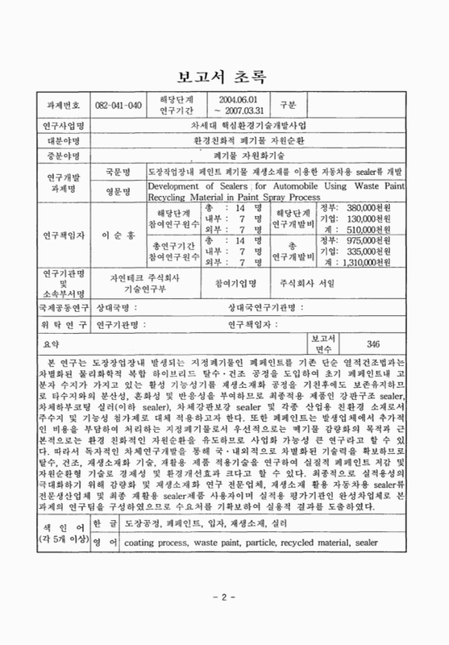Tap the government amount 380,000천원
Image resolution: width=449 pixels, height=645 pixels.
(x=382, y=206)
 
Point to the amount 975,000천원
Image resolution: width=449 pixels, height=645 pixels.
(x=382, y=261)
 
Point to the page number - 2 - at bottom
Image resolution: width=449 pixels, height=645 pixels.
(x=225, y=622)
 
